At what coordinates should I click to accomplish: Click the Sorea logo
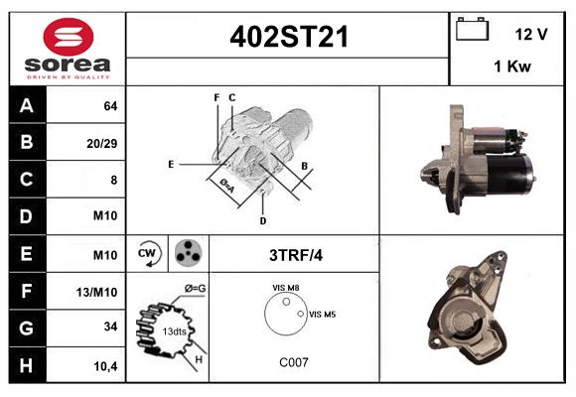pyautogui.click(x=68, y=49)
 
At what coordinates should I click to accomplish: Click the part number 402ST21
pyautogui.click(x=289, y=38)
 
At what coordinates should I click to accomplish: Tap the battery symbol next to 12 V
pyautogui.click(x=473, y=30)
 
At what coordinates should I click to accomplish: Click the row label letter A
pyautogui.click(x=27, y=105)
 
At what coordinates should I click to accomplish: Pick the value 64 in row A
pyautogui.click(x=109, y=106)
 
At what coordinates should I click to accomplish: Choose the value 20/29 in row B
pyautogui.click(x=102, y=143)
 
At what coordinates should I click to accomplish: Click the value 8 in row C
pyautogui.click(x=113, y=181)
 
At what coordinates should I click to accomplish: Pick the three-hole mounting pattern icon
pyautogui.click(x=186, y=253)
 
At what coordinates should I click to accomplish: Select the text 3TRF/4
pyautogui.click(x=297, y=255)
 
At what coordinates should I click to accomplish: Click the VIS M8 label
pyautogui.click(x=286, y=288)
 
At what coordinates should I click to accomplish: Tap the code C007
pyautogui.click(x=292, y=362)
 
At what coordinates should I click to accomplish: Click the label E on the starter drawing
pyautogui.click(x=171, y=164)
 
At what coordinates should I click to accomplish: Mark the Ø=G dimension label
pyautogui.click(x=195, y=289)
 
